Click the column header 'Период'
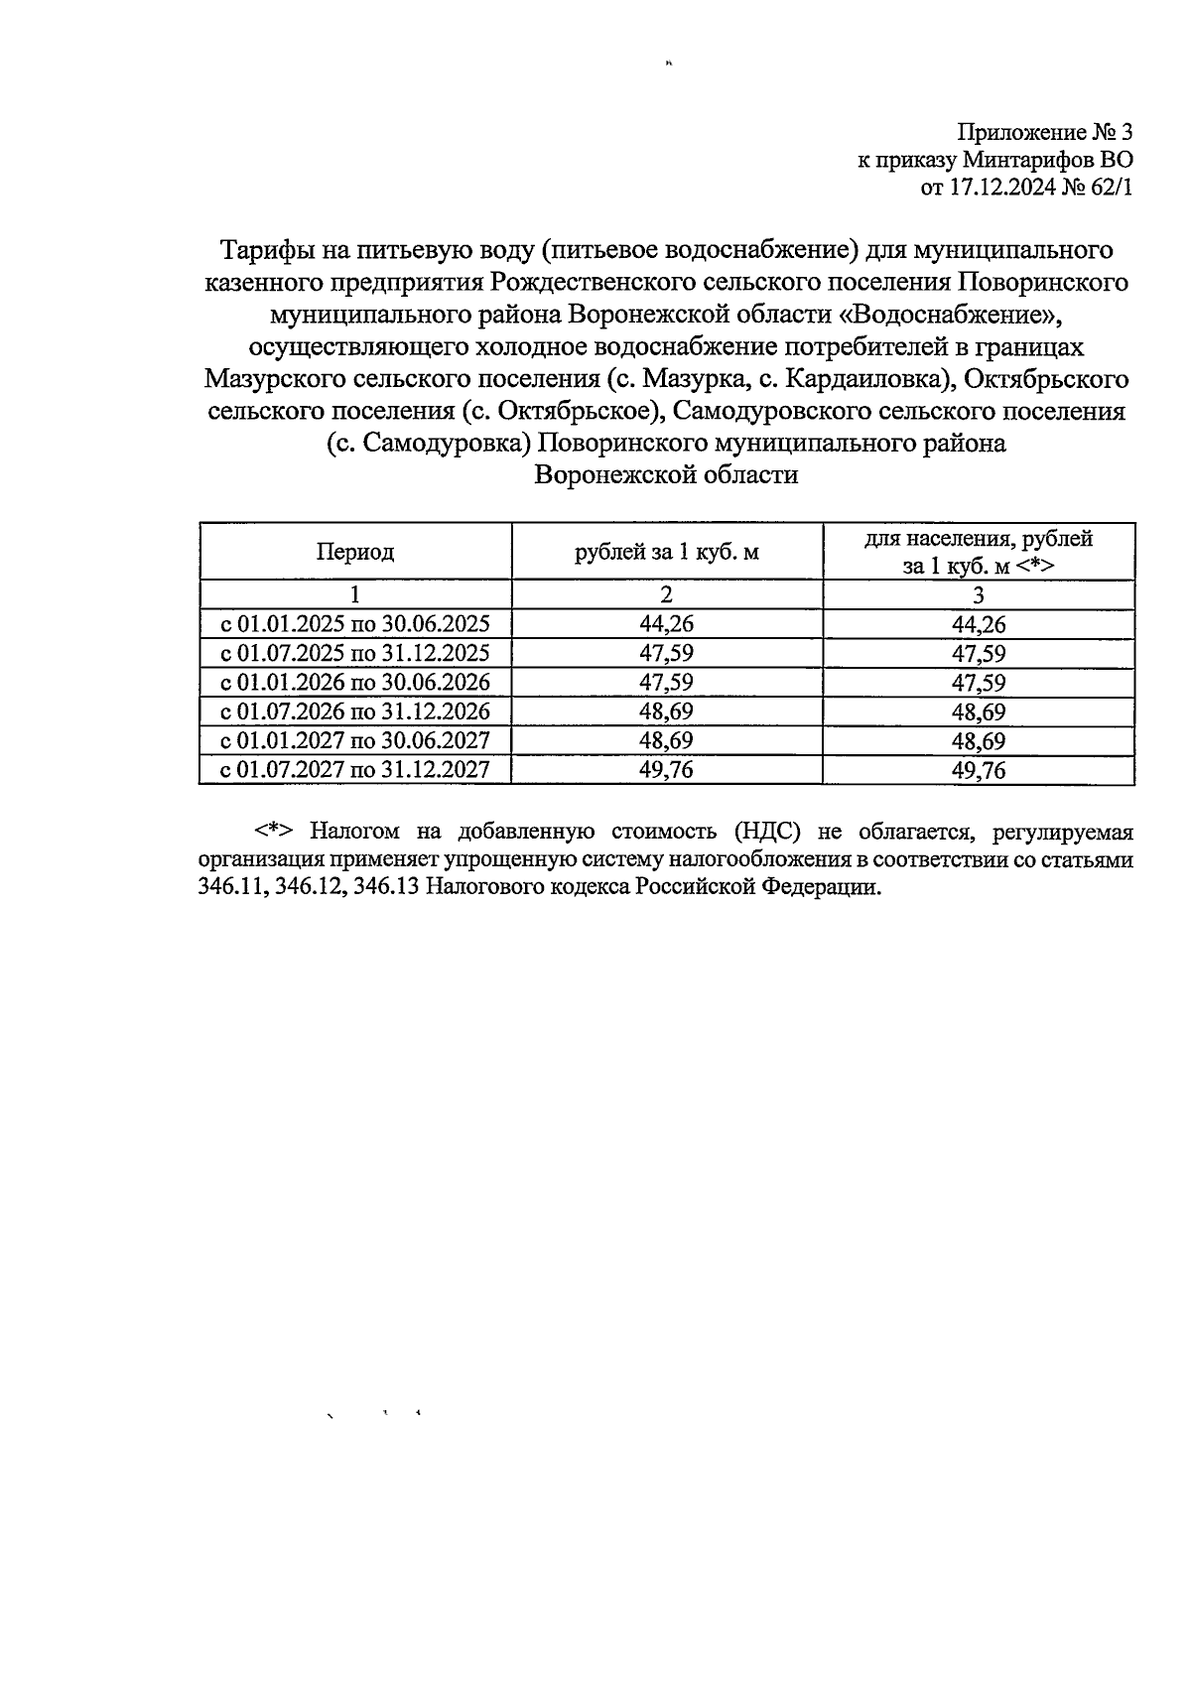click(355, 552)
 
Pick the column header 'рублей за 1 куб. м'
click(667, 552)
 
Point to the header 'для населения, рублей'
click(978, 539)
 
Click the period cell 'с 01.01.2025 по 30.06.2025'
click(355, 624)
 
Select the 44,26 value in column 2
click(667, 624)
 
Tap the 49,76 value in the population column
click(978, 770)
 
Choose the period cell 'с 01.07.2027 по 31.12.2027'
click(355, 770)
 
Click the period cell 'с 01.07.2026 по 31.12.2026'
click(355, 712)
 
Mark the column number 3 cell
click(978, 595)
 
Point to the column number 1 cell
click(355, 595)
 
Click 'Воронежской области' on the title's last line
click(666, 474)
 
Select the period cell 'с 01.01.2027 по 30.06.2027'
click(355, 741)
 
